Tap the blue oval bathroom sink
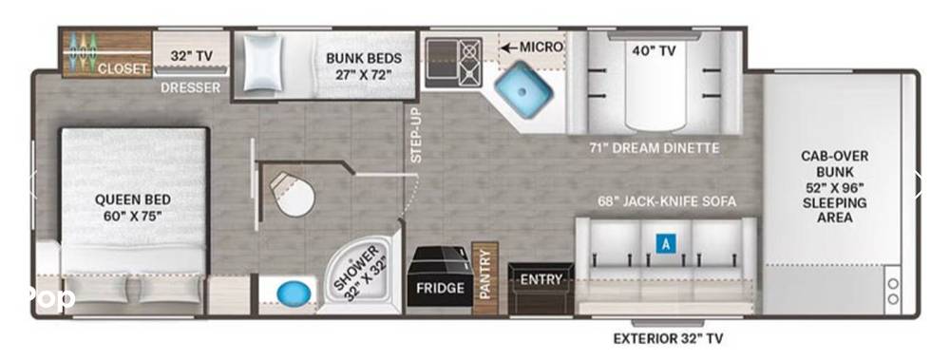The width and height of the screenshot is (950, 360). pyautogui.click(x=294, y=294)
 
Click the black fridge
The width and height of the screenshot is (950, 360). pyautogui.click(x=440, y=277)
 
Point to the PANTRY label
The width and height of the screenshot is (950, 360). pyautogui.click(x=484, y=276)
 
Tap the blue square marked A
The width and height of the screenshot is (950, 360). pyautogui.click(x=666, y=244)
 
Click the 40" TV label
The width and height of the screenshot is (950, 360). pyautogui.click(x=654, y=51)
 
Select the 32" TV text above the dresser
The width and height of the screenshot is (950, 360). pyautogui.click(x=191, y=56)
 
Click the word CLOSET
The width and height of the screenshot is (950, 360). pyautogui.click(x=123, y=69)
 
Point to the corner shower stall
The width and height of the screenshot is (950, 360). pyautogui.click(x=360, y=271)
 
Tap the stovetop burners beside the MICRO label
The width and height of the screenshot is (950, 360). pyautogui.click(x=469, y=63)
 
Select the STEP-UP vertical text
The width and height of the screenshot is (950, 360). pyautogui.click(x=416, y=136)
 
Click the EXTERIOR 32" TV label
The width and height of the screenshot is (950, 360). pyautogui.click(x=668, y=338)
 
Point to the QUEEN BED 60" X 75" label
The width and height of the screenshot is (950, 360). pyautogui.click(x=133, y=207)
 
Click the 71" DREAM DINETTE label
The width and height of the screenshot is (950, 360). pyautogui.click(x=654, y=148)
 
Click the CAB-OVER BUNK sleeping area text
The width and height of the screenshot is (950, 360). pyautogui.click(x=834, y=187)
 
